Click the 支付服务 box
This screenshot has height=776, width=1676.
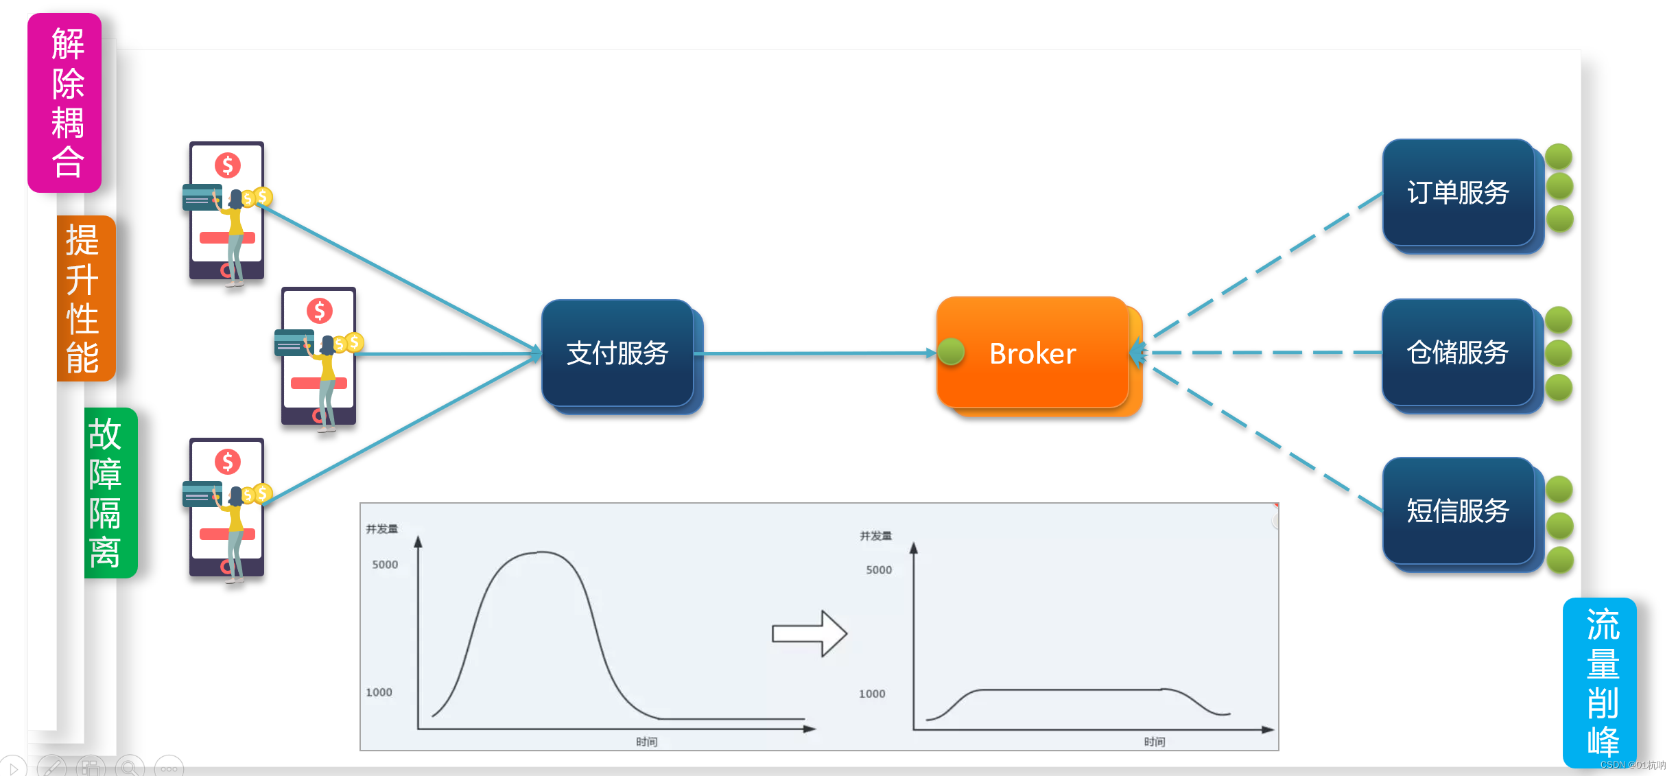[617, 353]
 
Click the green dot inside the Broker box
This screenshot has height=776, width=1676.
[952, 351]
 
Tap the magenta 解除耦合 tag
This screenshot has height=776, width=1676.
[64, 103]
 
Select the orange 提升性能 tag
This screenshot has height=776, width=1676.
[86, 298]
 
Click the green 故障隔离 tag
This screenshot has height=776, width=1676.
[110, 493]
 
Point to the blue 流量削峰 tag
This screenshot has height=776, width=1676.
[1600, 683]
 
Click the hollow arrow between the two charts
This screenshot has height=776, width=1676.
[810, 633]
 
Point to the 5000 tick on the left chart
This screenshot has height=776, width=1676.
[385, 565]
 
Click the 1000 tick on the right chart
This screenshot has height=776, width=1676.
[872, 694]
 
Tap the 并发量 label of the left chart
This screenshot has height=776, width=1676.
[382, 529]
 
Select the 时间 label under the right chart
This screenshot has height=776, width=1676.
[1155, 742]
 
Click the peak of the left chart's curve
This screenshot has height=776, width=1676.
[542, 552]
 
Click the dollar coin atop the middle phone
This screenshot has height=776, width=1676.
[320, 311]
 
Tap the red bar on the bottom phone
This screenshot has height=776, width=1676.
[227, 534]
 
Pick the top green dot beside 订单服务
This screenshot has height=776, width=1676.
[1559, 156]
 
